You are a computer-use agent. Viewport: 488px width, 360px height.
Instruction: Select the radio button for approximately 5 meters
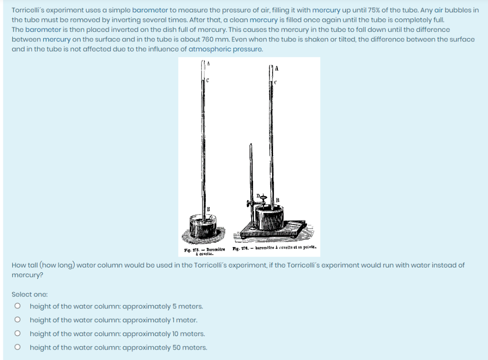click(18, 307)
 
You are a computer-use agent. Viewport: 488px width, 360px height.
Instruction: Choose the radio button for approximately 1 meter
click(18, 320)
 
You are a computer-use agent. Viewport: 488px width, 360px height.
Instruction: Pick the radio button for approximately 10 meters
click(18, 334)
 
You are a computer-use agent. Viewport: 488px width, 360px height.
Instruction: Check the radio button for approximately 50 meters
click(18, 348)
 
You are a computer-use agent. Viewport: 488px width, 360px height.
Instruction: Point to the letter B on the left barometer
click(208, 208)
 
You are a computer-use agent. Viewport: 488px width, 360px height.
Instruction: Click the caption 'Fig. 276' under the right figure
click(238, 247)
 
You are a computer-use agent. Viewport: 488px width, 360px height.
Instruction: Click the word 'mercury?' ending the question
click(25, 275)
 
